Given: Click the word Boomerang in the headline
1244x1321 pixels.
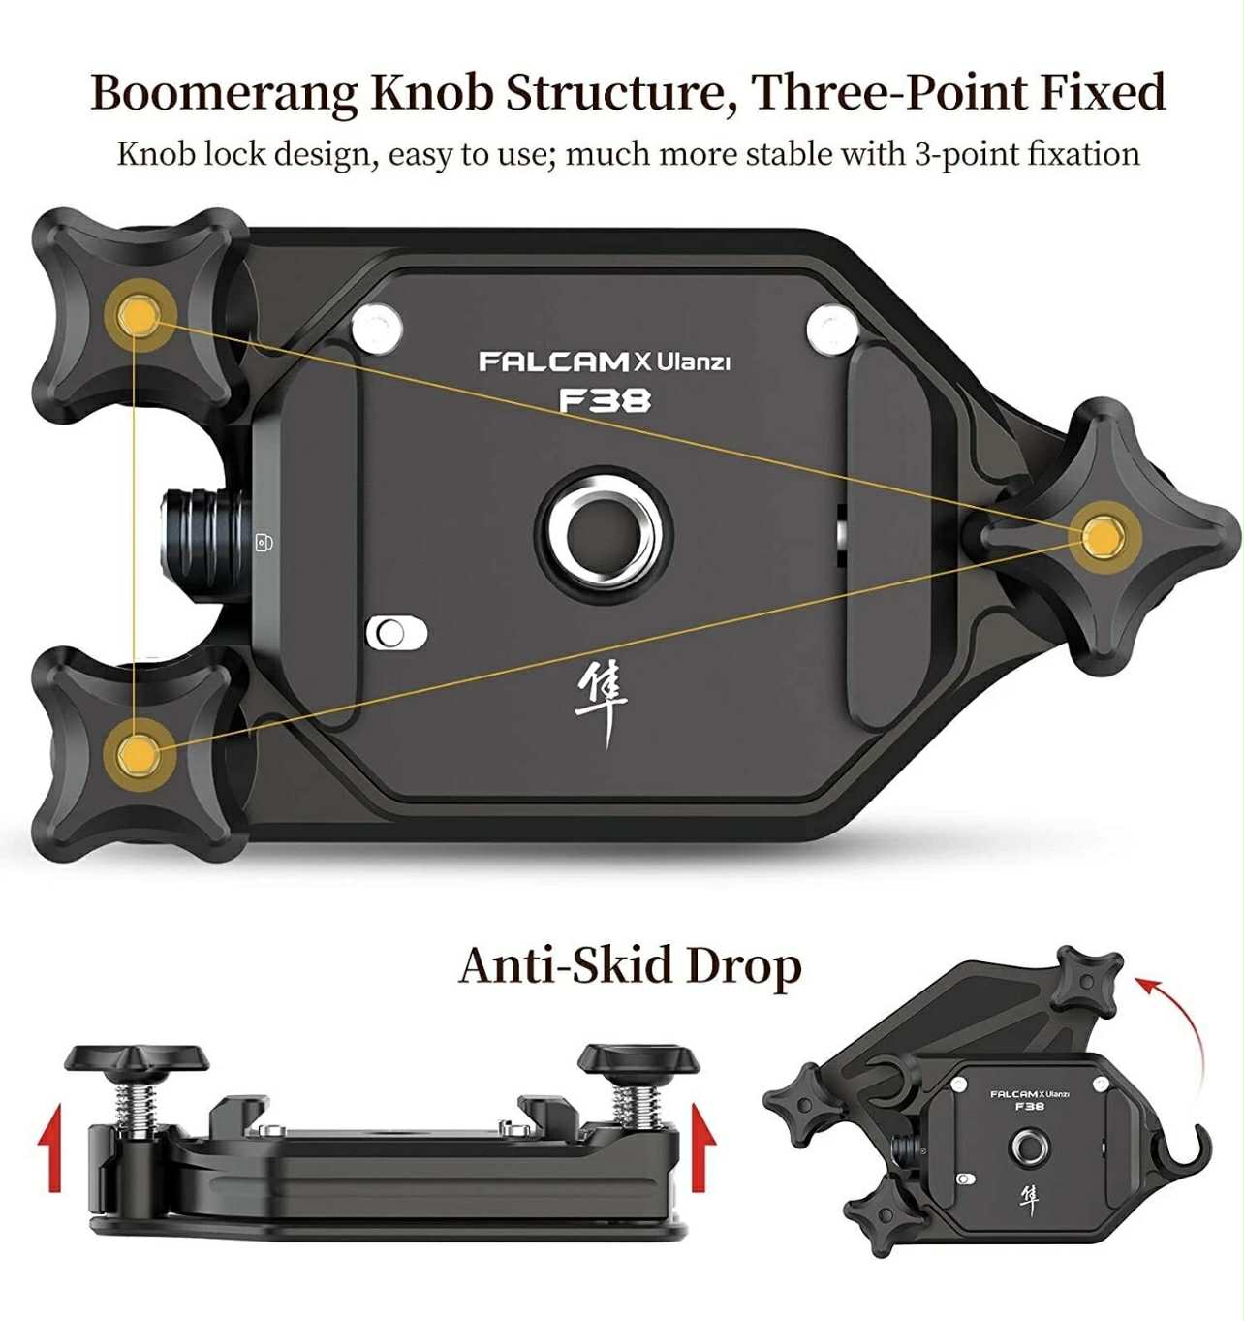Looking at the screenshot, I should click(x=225, y=93).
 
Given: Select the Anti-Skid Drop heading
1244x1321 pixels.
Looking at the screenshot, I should click(x=630, y=966).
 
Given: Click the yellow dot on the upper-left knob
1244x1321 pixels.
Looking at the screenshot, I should click(x=138, y=314).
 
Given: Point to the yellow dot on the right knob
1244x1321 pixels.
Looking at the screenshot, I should click(x=1101, y=536).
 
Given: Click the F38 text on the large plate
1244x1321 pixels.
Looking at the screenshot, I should click(x=605, y=400).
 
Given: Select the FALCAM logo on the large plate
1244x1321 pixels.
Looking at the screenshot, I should click(x=553, y=362).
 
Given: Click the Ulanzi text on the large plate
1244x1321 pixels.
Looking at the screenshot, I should click(x=694, y=362).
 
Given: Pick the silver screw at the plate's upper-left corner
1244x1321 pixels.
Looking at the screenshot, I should click(x=379, y=328).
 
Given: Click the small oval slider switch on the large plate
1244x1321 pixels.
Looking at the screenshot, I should click(x=396, y=633).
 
